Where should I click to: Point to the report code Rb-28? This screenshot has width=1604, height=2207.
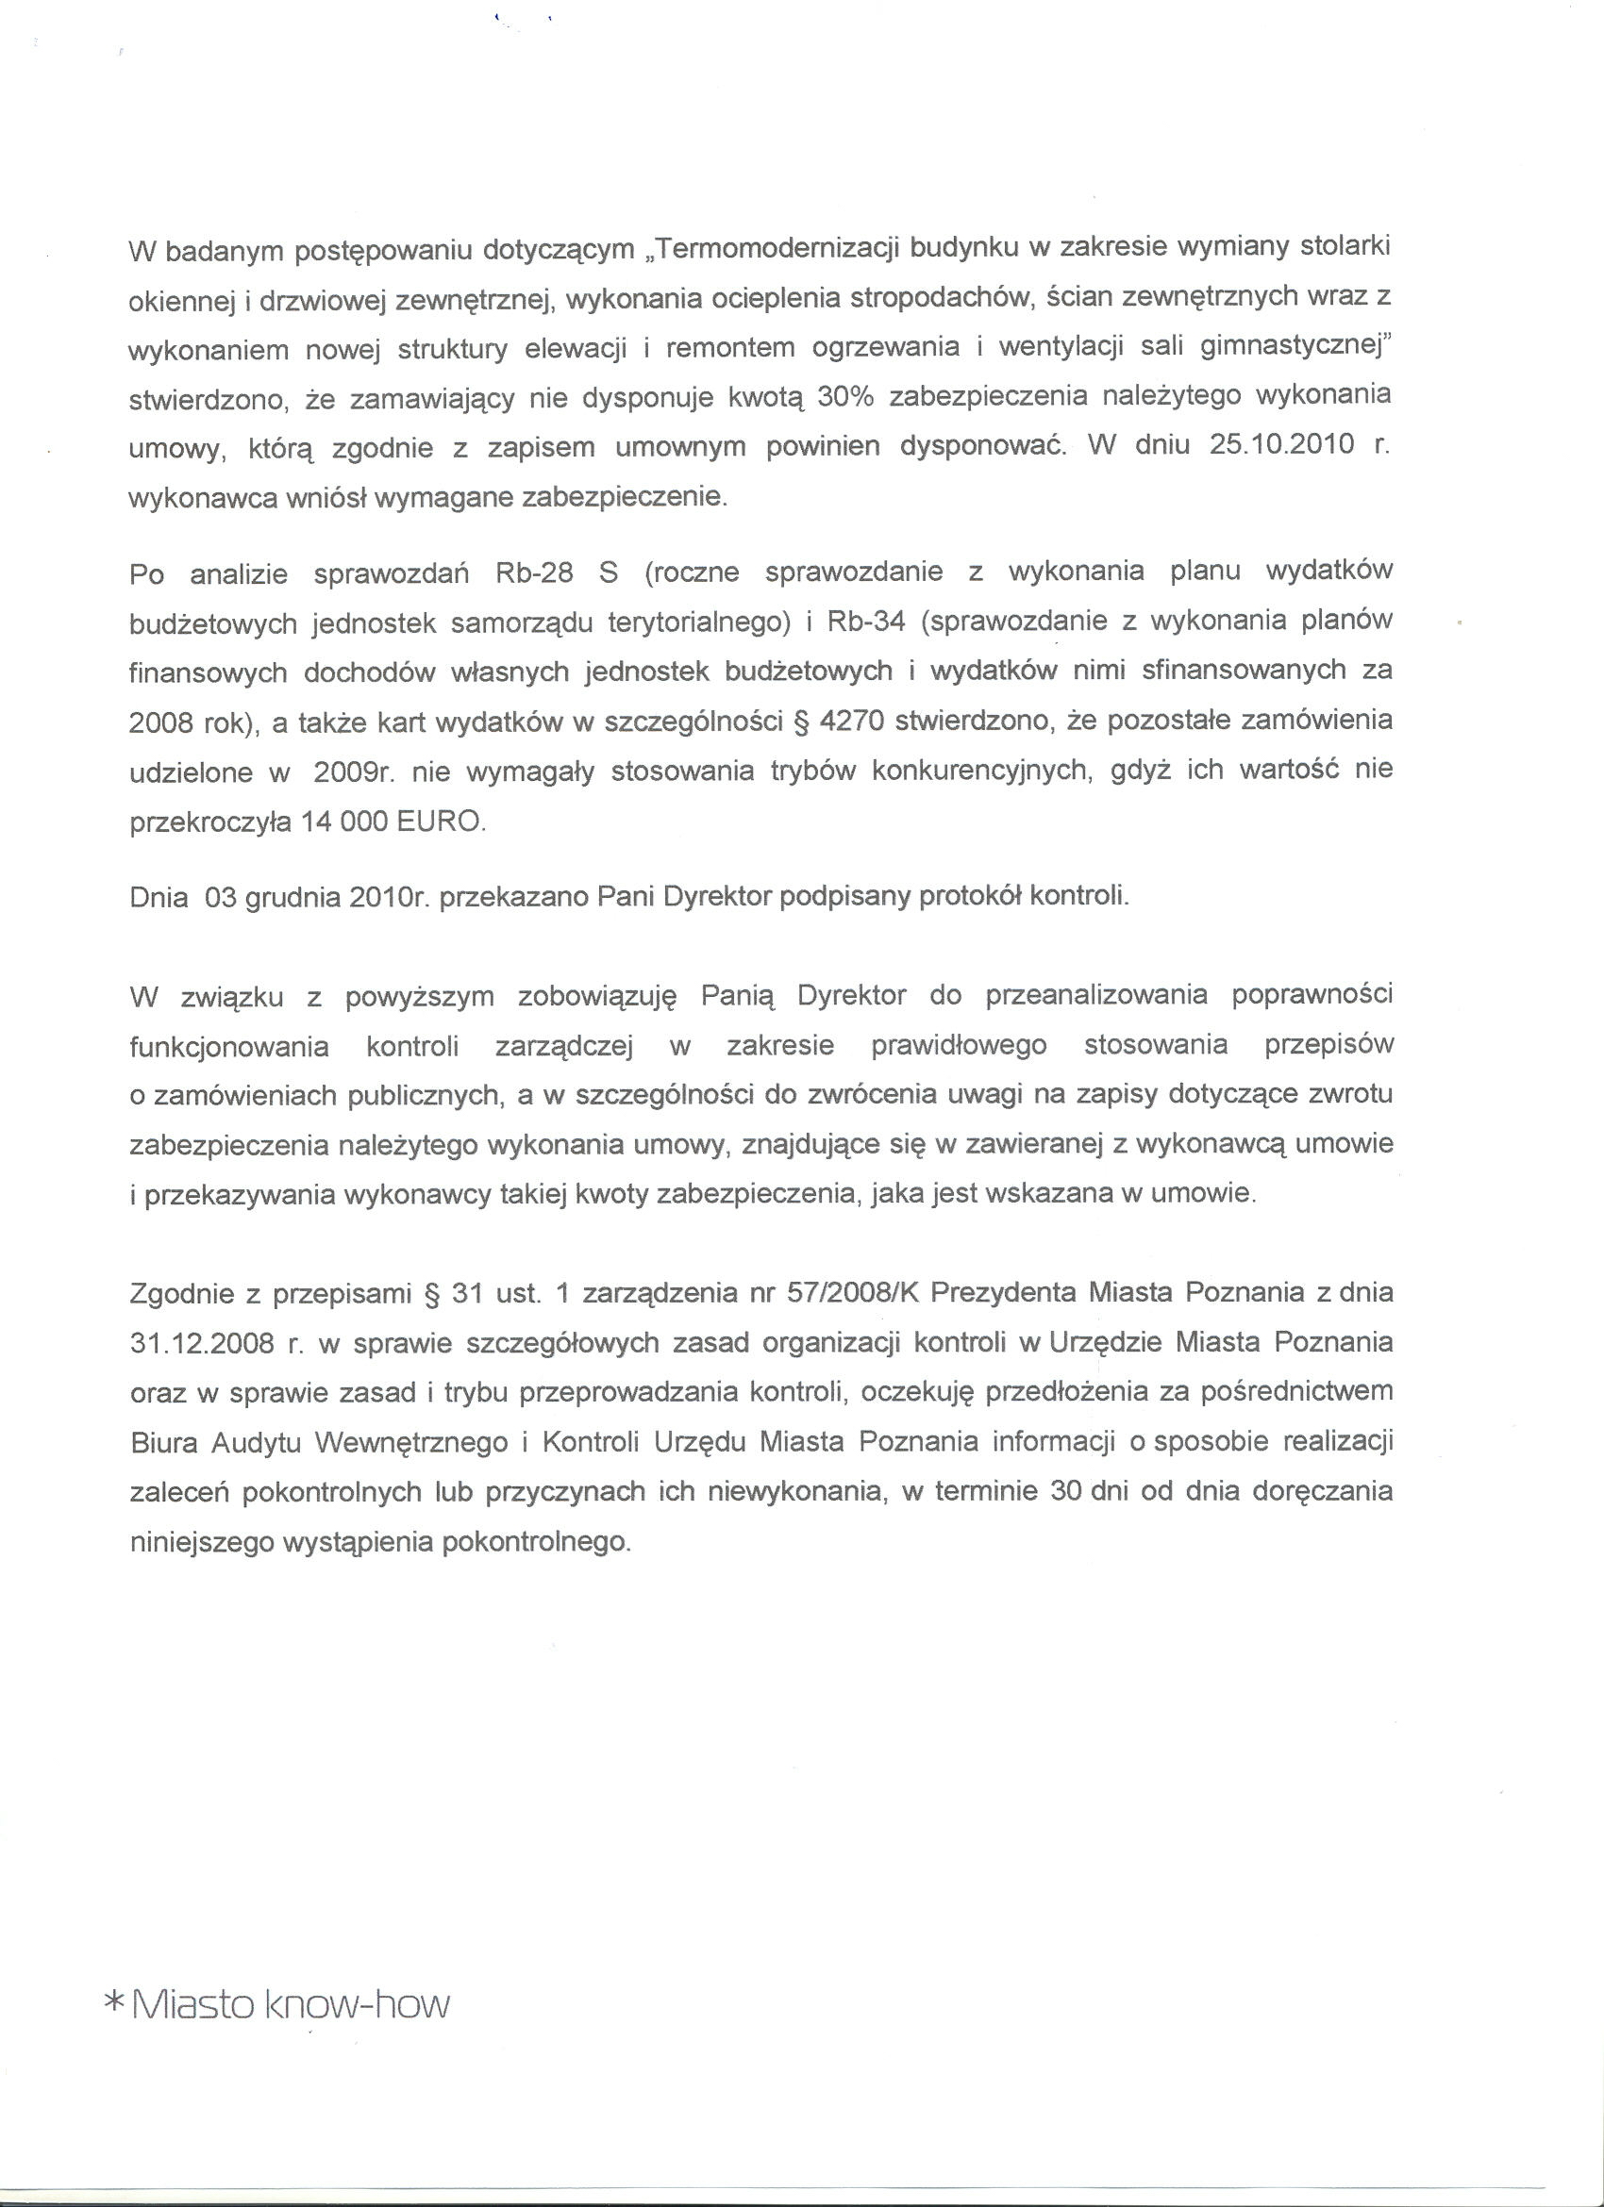tap(534, 572)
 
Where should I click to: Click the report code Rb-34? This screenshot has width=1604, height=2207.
tap(866, 622)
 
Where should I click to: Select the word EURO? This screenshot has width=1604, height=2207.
tap(439, 822)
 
